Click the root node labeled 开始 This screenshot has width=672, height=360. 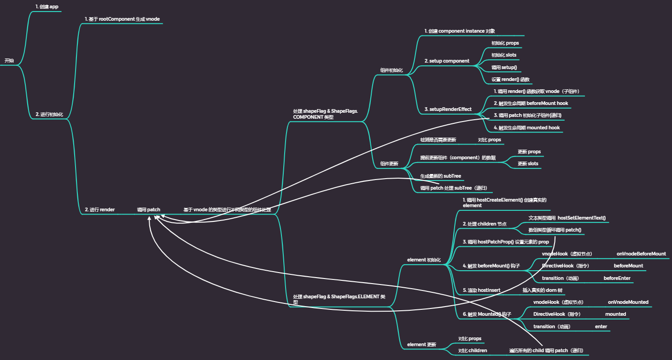(x=9, y=61)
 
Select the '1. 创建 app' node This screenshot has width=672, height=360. (x=47, y=6)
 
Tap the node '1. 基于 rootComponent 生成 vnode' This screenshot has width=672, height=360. (x=122, y=19)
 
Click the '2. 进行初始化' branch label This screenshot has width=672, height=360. (x=49, y=114)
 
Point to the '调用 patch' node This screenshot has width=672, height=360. (x=148, y=209)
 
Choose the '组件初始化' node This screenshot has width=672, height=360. (x=392, y=70)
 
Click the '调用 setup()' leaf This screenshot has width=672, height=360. (x=504, y=67)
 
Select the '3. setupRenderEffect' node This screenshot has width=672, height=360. (x=448, y=109)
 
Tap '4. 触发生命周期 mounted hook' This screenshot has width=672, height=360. (x=526, y=128)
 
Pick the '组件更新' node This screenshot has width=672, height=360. (x=389, y=163)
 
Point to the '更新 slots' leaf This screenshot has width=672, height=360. (x=528, y=163)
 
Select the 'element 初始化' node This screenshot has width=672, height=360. (x=424, y=260)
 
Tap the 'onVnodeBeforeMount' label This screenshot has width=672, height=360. (x=641, y=254)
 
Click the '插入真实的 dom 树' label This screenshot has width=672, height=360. (x=542, y=290)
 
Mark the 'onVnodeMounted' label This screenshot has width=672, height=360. (x=628, y=302)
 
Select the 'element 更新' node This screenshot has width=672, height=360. (x=421, y=344)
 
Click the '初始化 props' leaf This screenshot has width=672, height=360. (x=505, y=43)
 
